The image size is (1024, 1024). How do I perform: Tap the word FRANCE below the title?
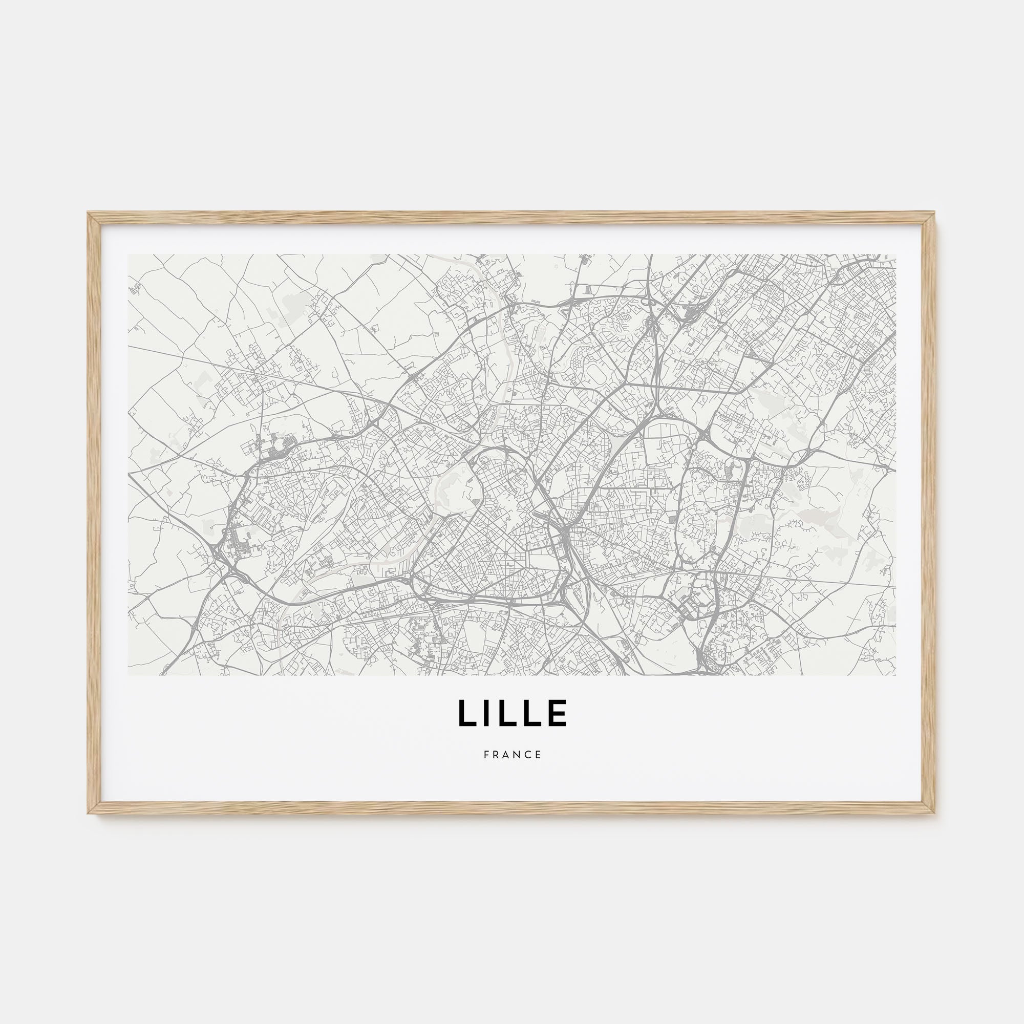(x=512, y=754)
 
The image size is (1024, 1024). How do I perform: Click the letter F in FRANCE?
(x=486, y=754)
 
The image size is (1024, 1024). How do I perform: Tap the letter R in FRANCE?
(x=496, y=754)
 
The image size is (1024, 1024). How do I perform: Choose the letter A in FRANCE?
(x=506, y=754)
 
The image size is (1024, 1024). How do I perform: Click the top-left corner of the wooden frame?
(x=89, y=213)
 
